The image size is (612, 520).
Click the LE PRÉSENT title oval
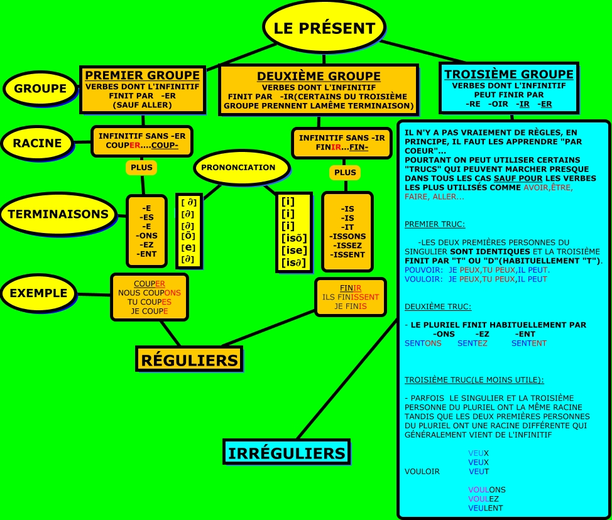tap(325, 28)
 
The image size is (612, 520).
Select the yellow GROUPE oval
tap(40, 89)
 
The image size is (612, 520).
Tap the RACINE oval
tap(38, 143)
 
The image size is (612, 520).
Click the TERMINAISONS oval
tap(58, 214)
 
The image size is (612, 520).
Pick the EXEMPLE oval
tap(38, 293)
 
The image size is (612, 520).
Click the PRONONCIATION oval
tap(242, 168)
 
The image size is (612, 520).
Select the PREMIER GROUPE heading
tap(142, 75)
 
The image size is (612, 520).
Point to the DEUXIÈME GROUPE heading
tap(319, 77)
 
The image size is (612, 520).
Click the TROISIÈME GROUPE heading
tap(509, 74)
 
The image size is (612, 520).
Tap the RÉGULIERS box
tap(189, 360)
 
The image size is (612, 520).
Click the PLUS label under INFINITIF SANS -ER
tap(141, 168)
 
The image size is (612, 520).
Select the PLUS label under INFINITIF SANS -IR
tap(345, 173)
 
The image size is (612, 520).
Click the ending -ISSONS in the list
tap(347, 236)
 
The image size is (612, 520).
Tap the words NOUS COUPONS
tap(150, 293)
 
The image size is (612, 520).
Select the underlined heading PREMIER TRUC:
tap(435, 224)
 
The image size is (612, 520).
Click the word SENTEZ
tap(473, 344)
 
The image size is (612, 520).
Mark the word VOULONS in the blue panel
tap(487, 490)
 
